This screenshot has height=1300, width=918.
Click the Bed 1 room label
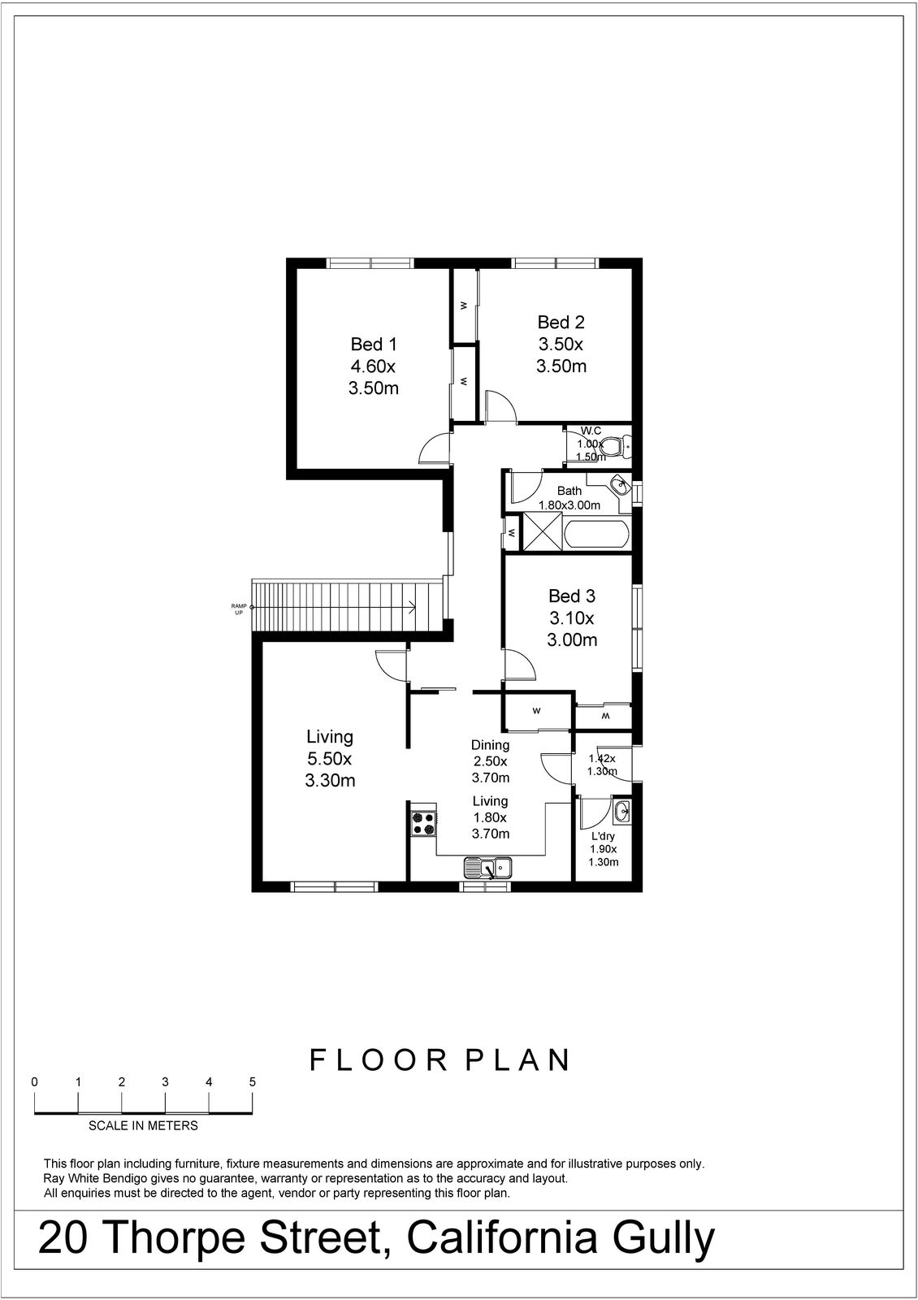coord(374,366)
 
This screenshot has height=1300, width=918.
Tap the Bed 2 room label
coord(561,344)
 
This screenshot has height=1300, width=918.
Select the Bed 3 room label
coord(572,617)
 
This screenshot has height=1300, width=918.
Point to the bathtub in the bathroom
coord(595,535)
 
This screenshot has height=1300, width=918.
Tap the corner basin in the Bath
coord(621,486)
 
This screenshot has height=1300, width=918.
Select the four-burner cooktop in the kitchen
coord(422,824)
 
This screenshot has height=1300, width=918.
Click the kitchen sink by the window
coord(487,868)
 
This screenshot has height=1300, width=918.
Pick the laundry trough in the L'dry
coord(621,810)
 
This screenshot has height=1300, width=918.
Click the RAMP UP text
coord(240,609)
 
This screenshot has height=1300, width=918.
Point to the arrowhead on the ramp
coord(413,607)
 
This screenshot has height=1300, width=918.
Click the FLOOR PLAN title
coord(440,1060)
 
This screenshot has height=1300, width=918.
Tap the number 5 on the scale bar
coord(253,1082)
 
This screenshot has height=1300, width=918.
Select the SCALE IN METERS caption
coord(143,1126)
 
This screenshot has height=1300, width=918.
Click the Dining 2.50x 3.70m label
coord(490,760)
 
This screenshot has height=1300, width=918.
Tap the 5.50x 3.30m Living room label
coord(330,759)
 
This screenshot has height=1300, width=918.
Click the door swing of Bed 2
coord(500,405)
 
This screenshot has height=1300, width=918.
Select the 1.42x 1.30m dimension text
coord(602,765)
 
